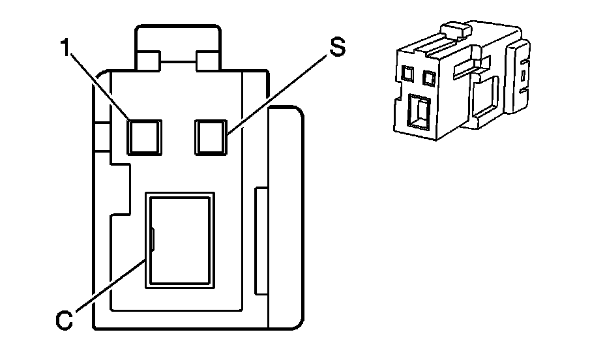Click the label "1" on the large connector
tap(65, 50)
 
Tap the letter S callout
tap(336, 49)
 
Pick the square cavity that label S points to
tap(211, 136)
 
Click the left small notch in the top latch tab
tap(147, 61)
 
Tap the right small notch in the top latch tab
tap(208, 61)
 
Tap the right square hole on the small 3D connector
tap(429, 79)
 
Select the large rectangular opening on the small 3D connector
tap(417, 110)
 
